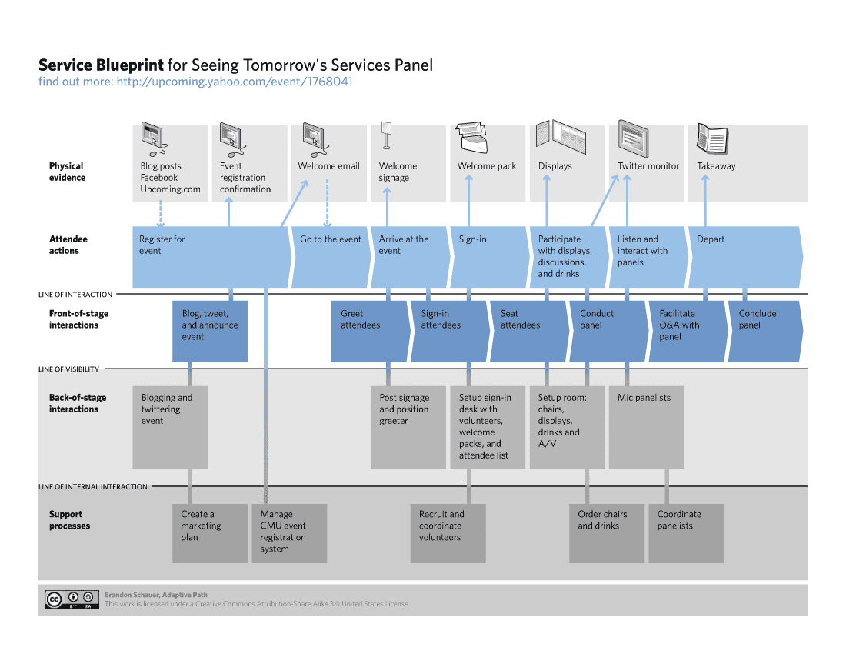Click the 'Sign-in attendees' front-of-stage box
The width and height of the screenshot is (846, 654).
[x=448, y=331]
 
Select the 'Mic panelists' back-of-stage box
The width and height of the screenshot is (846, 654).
[x=645, y=427]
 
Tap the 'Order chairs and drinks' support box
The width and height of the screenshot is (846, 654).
[x=606, y=533]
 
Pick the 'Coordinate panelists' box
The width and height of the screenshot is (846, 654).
[x=685, y=533]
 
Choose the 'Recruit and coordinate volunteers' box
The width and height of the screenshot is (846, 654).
[x=448, y=533]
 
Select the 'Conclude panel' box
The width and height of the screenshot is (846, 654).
[x=764, y=331]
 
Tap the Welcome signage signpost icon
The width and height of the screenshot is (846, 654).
[x=386, y=135]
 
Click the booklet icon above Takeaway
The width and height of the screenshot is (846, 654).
[x=711, y=138]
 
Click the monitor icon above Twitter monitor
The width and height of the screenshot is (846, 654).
[x=634, y=138]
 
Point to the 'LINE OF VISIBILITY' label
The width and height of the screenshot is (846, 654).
[x=69, y=369]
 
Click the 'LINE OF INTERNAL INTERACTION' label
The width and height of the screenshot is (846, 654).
[x=93, y=486]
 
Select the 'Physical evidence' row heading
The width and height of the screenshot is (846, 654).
[x=67, y=172]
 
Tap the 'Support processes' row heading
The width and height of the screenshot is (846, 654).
[x=69, y=520]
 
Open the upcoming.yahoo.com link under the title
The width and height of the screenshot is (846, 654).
[x=235, y=82]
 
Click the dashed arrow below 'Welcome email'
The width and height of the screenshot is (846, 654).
[x=328, y=202]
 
